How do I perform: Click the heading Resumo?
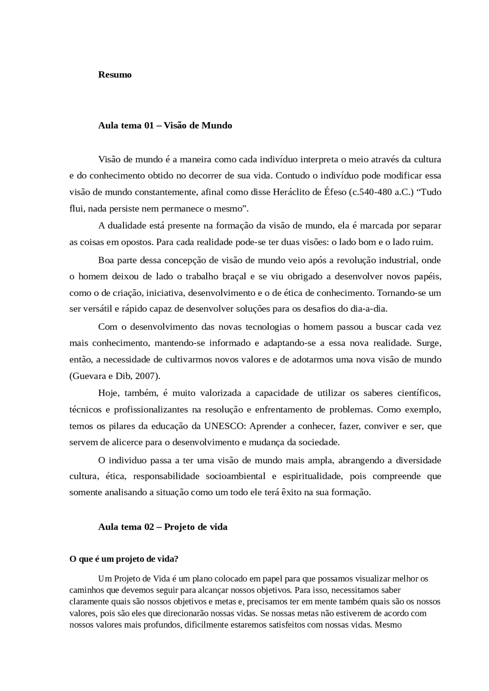[115, 74]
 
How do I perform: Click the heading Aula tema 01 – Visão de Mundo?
[165, 126]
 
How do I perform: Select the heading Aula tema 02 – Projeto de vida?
[163, 527]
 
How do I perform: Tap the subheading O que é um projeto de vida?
[124, 559]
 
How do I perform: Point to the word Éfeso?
[335, 192]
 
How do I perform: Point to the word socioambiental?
[236, 476]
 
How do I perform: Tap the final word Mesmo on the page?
[388, 625]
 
